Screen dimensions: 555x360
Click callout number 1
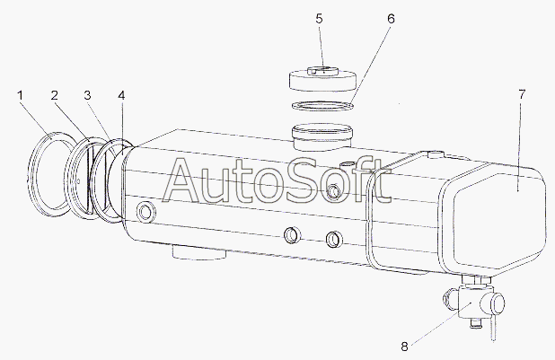(20, 95)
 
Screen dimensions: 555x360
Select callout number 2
(54, 95)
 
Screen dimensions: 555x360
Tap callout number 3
(87, 95)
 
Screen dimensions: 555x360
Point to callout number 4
(121, 95)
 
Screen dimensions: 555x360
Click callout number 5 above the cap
(320, 19)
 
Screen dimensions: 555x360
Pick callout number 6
(391, 19)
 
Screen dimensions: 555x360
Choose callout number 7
(522, 94)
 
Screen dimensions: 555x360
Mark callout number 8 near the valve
(404, 347)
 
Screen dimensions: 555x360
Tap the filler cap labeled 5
(322, 80)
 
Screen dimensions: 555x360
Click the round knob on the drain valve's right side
(498, 304)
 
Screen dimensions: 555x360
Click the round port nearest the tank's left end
(145, 212)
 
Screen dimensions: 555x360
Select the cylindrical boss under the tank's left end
(199, 253)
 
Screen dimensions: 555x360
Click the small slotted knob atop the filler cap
(323, 70)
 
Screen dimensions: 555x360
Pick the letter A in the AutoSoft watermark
(186, 180)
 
